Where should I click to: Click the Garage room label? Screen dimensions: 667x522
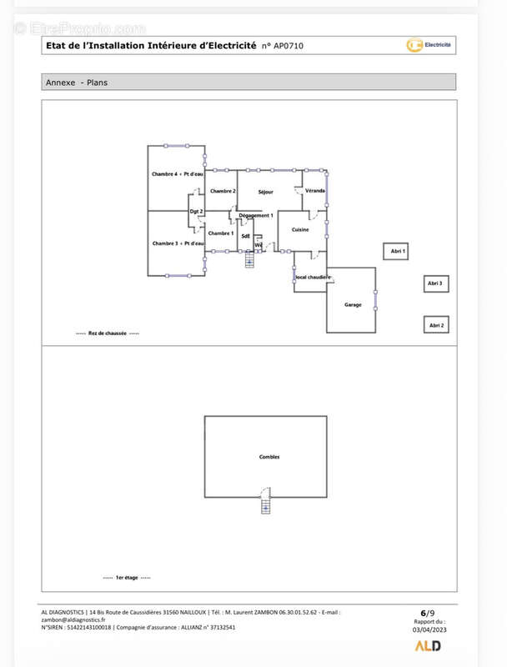tap(353, 305)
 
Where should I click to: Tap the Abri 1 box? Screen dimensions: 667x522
tap(397, 251)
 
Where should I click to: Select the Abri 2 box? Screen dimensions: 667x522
tap(436, 325)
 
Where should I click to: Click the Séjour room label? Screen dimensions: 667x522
tap(265, 193)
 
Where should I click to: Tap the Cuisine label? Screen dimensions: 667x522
tap(300, 229)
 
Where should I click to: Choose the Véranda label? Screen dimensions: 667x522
tap(314, 191)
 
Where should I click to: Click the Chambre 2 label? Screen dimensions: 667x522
tap(223, 191)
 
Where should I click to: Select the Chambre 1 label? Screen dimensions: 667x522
tap(221, 233)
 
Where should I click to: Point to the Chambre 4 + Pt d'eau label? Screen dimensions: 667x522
tap(178, 174)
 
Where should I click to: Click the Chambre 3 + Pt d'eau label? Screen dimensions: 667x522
tap(178, 243)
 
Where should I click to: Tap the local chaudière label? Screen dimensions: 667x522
tap(313, 277)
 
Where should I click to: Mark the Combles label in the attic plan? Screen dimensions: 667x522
tap(269, 457)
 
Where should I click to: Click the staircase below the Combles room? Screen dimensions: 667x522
tap(265, 505)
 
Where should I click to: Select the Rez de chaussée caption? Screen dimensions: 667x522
tap(108, 333)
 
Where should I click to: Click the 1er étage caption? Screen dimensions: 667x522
tap(127, 578)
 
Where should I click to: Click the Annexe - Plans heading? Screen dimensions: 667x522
tap(77, 83)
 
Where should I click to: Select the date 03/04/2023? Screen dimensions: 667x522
tap(429, 629)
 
